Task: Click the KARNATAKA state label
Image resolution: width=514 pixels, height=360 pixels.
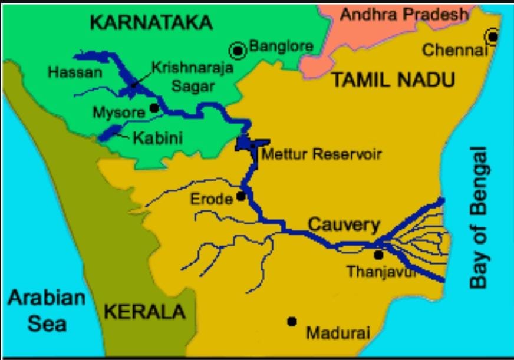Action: coord(151,23)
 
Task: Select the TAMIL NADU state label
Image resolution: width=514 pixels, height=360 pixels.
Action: coord(393,80)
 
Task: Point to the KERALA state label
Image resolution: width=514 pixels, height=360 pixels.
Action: coord(144,312)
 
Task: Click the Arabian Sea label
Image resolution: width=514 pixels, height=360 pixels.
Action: coord(47,311)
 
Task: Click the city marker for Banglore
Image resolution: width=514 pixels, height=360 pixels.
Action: coord(239,51)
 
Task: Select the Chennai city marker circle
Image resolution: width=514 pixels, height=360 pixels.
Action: coord(492,37)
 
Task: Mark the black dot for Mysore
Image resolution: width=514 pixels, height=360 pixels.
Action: coord(154,108)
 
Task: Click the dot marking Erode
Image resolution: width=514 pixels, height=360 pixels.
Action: coord(241,196)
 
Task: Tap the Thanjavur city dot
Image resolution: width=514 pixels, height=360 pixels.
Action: coord(378,255)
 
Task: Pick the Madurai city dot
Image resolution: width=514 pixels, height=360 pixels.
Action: coord(291,321)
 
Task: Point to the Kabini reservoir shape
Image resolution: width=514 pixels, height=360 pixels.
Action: coord(110,133)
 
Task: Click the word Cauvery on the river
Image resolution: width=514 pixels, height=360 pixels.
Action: coord(344,225)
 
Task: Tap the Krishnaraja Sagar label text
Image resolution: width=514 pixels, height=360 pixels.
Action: coord(193,77)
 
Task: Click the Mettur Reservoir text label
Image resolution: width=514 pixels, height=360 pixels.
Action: coord(321,155)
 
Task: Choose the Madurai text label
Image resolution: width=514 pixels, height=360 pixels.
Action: coord(338,333)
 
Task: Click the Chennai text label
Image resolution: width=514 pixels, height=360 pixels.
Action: coord(452,51)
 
